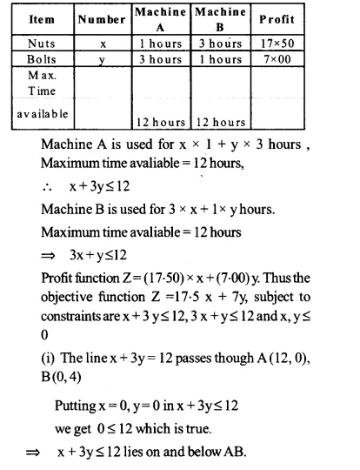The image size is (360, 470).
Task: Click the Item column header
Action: coord(37,19)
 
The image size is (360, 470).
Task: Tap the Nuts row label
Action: coord(37,42)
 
